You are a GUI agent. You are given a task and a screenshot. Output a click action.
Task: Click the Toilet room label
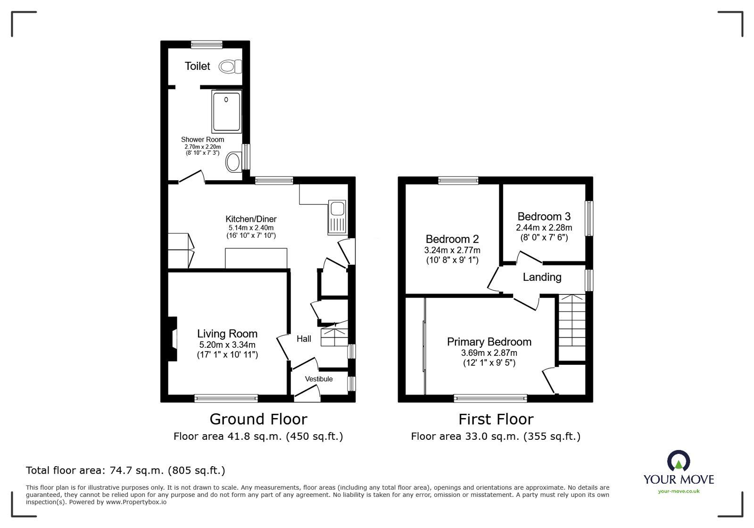(197, 66)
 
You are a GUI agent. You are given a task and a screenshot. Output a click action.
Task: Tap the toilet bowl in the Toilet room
(230, 67)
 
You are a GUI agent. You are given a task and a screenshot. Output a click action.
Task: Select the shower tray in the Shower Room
(226, 111)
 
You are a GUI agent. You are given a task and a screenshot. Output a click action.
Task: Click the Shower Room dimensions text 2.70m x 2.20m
(202, 147)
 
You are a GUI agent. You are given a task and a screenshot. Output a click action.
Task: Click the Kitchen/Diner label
(251, 219)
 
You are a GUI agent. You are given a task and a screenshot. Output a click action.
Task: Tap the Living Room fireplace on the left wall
(173, 338)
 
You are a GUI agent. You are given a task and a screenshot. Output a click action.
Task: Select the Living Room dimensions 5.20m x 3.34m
(227, 344)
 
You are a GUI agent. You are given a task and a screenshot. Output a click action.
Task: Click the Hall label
(304, 339)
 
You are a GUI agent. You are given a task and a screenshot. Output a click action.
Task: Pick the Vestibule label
(319, 379)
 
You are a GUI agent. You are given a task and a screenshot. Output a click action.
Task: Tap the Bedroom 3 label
(544, 217)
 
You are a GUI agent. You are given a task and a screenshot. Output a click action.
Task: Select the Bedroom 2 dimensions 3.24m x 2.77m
(452, 250)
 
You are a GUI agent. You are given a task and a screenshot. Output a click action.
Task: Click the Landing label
(542, 277)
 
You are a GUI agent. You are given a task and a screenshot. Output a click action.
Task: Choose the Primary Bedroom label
(489, 342)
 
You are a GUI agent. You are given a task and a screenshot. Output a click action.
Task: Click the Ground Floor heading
(258, 419)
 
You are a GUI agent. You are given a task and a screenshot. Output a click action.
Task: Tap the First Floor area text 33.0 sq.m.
(496, 436)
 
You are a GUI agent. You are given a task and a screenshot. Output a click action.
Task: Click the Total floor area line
(125, 470)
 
